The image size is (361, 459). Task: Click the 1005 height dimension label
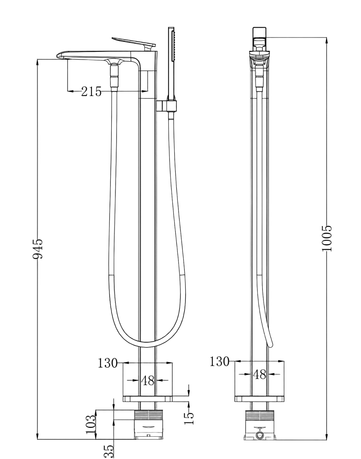coord(327,238)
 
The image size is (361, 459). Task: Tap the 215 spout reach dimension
coord(91,91)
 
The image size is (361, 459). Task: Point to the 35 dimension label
coord(109,451)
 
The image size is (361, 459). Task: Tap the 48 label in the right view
coord(259,374)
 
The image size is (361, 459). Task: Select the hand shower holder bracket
coord(167,106)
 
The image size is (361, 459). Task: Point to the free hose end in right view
coord(271,345)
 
